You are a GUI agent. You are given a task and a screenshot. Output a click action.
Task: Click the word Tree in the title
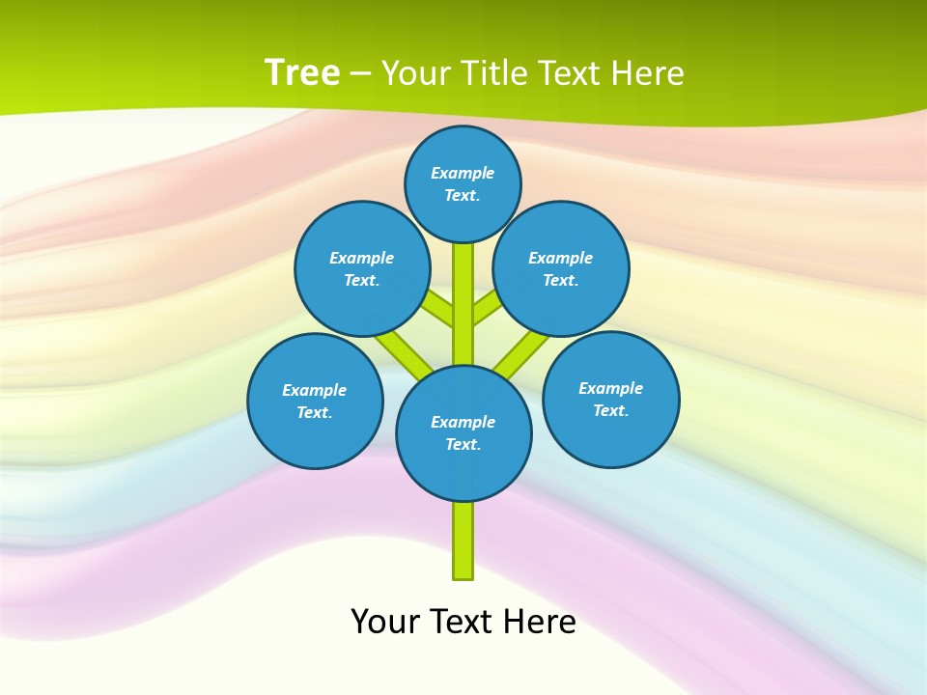[x=301, y=72]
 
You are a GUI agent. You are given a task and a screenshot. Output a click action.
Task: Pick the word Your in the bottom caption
[x=386, y=622]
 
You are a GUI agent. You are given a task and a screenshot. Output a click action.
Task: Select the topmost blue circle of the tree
[x=463, y=183]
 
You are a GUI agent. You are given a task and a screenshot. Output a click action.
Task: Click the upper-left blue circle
[x=362, y=268]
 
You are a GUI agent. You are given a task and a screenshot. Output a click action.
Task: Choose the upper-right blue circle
[x=561, y=268]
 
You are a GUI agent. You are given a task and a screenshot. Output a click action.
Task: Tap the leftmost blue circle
[x=315, y=401]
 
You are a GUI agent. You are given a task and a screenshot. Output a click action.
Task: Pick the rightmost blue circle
[x=610, y=399]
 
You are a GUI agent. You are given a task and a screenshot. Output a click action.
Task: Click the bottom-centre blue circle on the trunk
[x=463, y=432]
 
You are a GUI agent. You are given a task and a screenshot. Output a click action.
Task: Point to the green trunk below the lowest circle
[x=463, y=541]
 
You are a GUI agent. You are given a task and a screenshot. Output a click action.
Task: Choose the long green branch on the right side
[x=521, y=353]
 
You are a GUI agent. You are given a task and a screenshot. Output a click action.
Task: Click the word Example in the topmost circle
[x=463, y=173]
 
